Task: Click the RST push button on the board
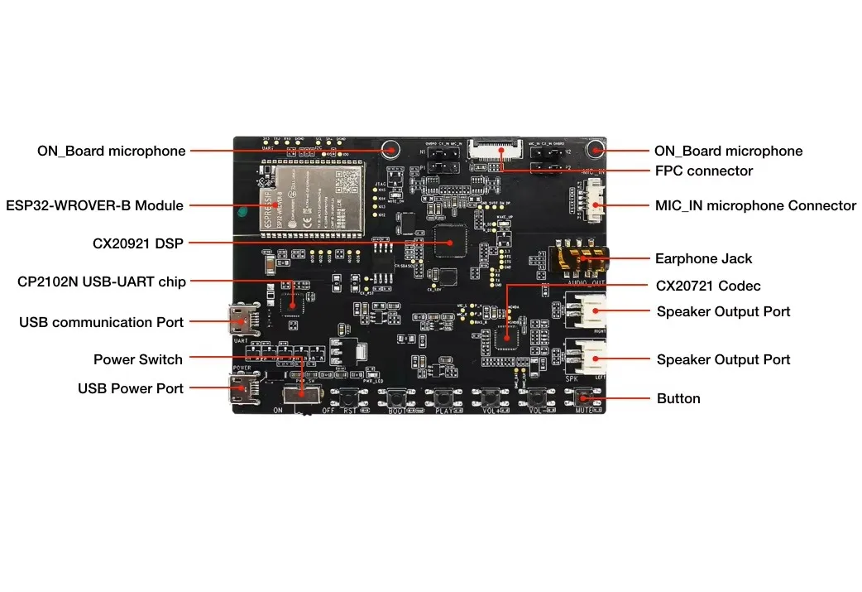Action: point(350,397)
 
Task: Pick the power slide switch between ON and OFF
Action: point(303,397)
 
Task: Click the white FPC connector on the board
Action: point(494,150)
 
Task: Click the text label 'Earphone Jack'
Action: point(703,259)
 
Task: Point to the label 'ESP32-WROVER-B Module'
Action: point(94,205)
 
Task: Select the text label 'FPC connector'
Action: point(703,171)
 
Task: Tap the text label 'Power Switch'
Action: point(137,359)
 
